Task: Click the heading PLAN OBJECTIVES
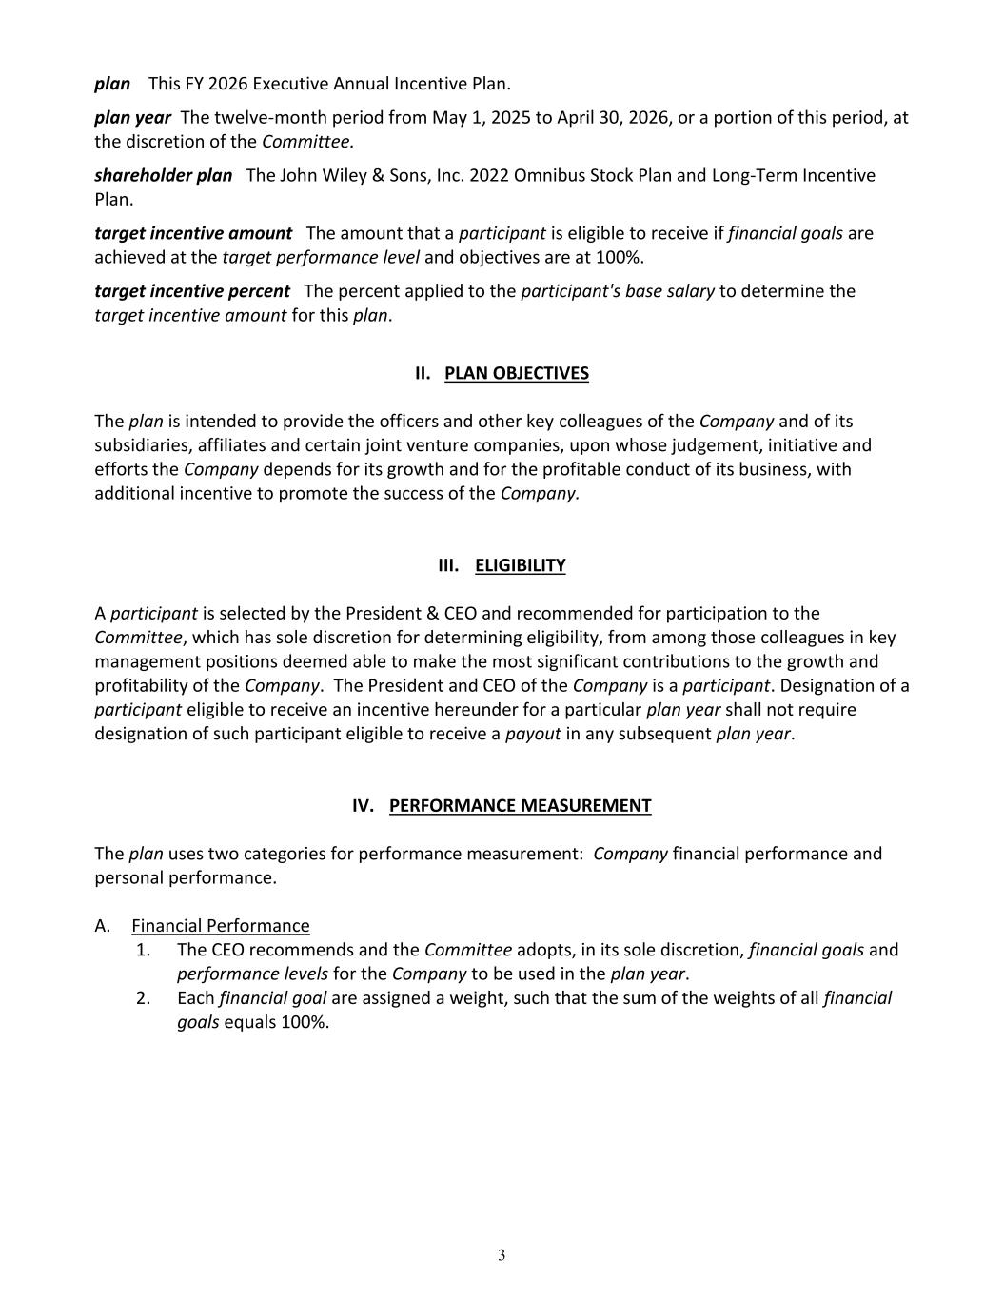pos(516,373)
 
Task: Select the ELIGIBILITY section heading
pos(520,565)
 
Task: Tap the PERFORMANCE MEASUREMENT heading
pos(520,805)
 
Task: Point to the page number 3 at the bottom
pos(502,1255)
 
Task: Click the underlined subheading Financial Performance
pos(220,925)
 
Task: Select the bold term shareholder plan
pos(163,175)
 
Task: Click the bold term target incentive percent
pos(192,290)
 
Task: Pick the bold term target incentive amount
pos(193,233)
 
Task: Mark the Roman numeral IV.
pos(363,805)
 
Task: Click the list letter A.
pos(102,925)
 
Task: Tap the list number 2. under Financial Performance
pos(144,997)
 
